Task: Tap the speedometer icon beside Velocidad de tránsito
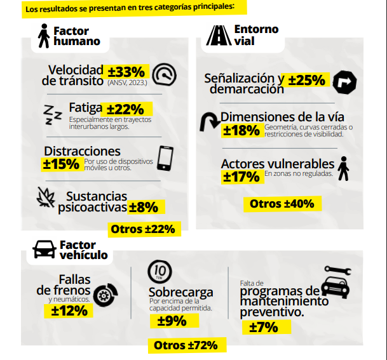pos(166,74)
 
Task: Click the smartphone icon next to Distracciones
pos(165,158)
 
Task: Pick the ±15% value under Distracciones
pos(60,163)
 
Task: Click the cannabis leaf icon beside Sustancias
pos(46,199)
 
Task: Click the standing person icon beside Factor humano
pos(44,36)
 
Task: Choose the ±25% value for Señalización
pos(308,80)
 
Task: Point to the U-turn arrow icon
pos(209,122)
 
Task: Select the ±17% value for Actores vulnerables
pos(241,177)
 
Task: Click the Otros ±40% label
pos(282,204)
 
